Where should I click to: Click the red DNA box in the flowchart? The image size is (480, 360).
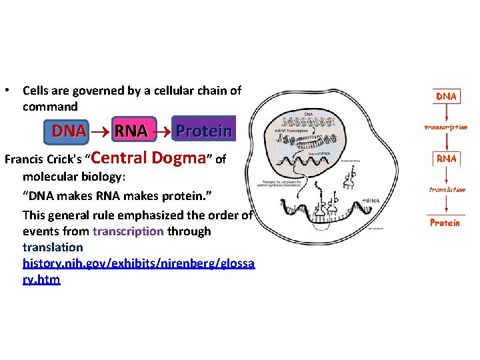click(x=446, y=97)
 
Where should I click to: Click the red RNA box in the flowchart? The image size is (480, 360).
click(x=446, y=159)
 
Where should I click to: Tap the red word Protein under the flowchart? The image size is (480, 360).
click(x=445, y=223)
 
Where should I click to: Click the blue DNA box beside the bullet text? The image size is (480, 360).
click(x=69, y=131)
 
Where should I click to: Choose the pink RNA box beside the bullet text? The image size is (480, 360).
click(x=130, y=131)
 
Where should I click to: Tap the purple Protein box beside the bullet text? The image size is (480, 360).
click(x=203, y=131)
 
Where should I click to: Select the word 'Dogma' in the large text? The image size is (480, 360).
click(x=178, y=158)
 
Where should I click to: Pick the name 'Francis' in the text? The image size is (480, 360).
click(x=24, y=160)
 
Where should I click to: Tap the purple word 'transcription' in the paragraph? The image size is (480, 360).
click(x=128, y=231)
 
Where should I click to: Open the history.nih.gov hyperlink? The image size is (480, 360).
click(x=138, y=264)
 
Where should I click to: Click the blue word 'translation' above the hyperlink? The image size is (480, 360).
click(x=53, y=247)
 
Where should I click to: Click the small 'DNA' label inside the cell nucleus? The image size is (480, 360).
click(x=308, y=115)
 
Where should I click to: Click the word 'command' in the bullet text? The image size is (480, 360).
click(x=50, y=107)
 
